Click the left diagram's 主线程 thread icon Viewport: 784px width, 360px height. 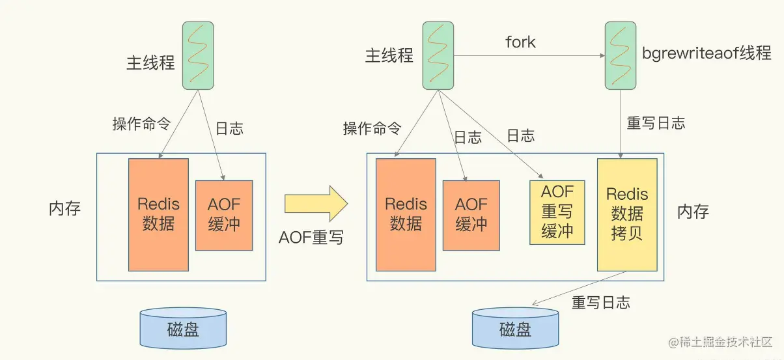[197, 56]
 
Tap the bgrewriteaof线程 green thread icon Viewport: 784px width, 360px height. [620, 56]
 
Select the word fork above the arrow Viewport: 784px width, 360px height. [520, 42]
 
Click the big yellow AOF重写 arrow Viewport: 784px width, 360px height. [316, 204]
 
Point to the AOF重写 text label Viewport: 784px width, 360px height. [311, 238]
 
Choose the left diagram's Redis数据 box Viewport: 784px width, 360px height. [158, 214]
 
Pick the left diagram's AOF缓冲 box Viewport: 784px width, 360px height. [224, 214]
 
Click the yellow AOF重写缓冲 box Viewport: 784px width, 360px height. [557, 212]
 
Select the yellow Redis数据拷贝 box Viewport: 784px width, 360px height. [627, 214]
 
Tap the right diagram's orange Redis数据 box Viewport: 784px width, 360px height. [406, 214]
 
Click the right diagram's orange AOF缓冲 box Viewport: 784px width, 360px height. [471, 215]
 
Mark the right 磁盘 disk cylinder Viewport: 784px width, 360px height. [515, 328]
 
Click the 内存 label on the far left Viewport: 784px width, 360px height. [65, 210]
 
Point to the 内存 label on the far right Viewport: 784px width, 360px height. [693, 212]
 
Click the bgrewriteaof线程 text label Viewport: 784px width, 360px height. [707, 54]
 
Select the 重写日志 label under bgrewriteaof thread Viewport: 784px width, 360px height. [656, 123]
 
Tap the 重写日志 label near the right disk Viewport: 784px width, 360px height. [600, 303]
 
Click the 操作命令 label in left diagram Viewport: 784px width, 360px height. [141, 124]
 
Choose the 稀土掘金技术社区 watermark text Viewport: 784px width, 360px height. [722, 342]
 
